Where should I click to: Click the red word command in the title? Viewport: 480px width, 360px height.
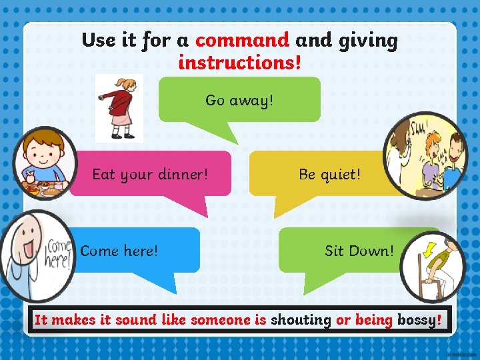coord(243,41)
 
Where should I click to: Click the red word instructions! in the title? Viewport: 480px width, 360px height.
coord(240,63)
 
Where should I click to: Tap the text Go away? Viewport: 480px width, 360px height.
coord(239,101)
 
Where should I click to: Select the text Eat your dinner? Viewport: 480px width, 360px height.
coord(150,175)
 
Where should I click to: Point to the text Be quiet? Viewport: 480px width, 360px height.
coord(329,175)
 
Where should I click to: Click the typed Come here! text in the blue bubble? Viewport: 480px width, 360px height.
coord(119,251)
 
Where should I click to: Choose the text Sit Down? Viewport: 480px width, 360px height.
coord(359,251)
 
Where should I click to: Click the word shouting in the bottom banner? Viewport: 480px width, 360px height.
coord(301,320)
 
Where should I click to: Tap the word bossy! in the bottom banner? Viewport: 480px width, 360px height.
coord(419,320)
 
